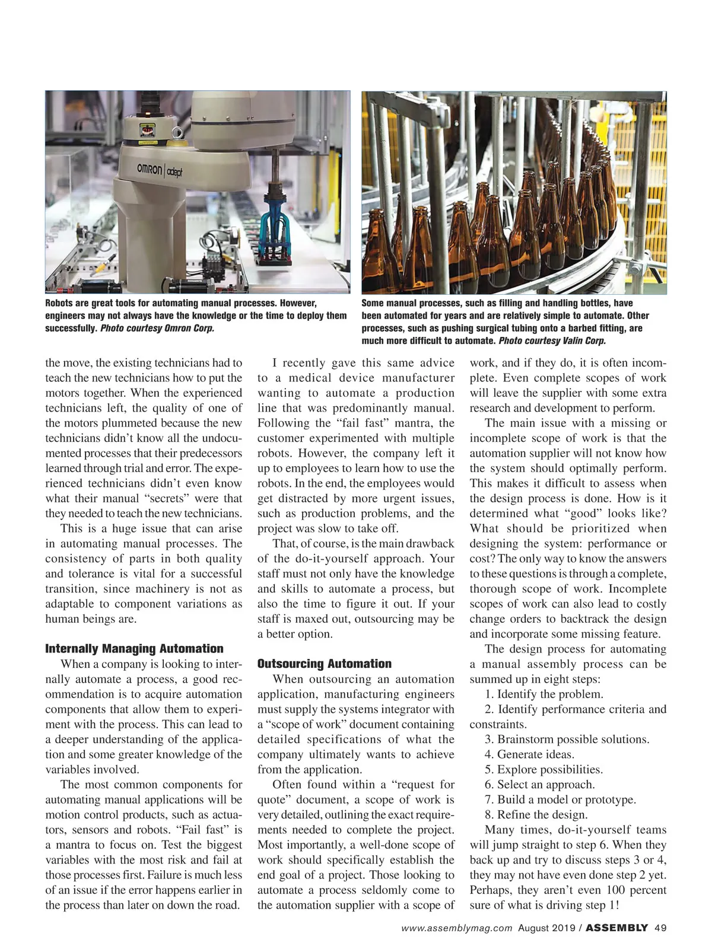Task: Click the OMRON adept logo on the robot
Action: [160, 170]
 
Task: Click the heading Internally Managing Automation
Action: [134, 648]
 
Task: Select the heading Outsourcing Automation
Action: [325, 663]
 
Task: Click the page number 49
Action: [661, 928]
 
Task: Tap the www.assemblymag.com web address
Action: [456, 928]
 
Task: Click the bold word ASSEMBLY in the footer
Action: [616, 928]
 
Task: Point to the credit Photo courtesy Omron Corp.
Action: [157, 328]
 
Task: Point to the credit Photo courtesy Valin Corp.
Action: [552, 340]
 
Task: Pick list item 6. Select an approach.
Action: [539, 785]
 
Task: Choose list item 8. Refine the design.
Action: [536, 814]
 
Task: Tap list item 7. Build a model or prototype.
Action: [560, 800]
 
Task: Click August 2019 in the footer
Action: [546, 928]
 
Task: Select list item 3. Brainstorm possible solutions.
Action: [567, 739]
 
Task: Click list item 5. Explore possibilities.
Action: [543, 769]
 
